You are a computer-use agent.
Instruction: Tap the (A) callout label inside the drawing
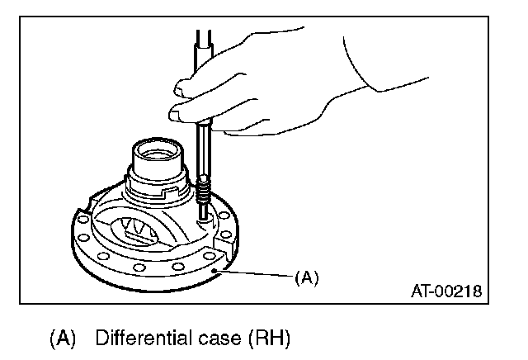point(306,277)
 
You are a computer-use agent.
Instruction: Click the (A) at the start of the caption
point(63,338)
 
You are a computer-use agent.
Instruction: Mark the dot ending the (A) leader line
point(214,270)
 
